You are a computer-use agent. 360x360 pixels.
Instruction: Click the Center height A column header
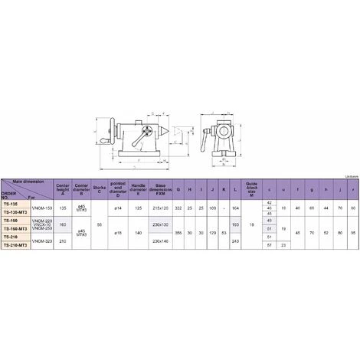point(64,187)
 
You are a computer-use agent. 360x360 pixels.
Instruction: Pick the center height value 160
point(64,224)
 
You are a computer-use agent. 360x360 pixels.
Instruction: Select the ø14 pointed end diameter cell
point(118,208)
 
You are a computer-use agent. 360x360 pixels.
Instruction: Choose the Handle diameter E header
point(139,187)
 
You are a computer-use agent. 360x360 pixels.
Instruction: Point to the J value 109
point(211,208)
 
